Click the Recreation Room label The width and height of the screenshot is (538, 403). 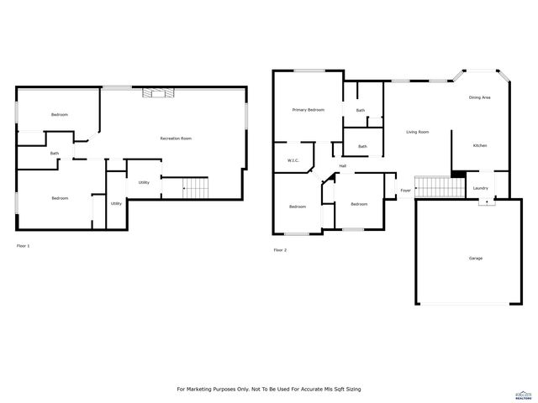[x=177, y=138]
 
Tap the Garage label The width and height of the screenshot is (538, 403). [x=475, y=258]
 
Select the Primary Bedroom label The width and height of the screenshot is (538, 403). [x=308, y=110]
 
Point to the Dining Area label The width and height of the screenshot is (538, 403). [x=479, y=98]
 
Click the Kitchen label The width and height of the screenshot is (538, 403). [x=479, y=145]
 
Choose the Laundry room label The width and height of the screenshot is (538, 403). [x=480, y=188]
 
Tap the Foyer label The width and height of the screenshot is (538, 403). [x=405, y=191]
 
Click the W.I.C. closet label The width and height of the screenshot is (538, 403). [x=293, y=160]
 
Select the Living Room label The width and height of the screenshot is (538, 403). [x=418, y=132]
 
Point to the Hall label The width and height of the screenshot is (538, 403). [x=343, y=165]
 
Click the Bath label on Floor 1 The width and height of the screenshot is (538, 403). [x=55, y=153]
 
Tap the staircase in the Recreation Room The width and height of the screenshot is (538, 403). [x=196, y=188]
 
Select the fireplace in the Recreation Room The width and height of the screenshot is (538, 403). [x=158, y=93]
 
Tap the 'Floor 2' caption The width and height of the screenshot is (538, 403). [x=280, y=250]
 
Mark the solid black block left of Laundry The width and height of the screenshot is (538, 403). [x=458, y=175]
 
